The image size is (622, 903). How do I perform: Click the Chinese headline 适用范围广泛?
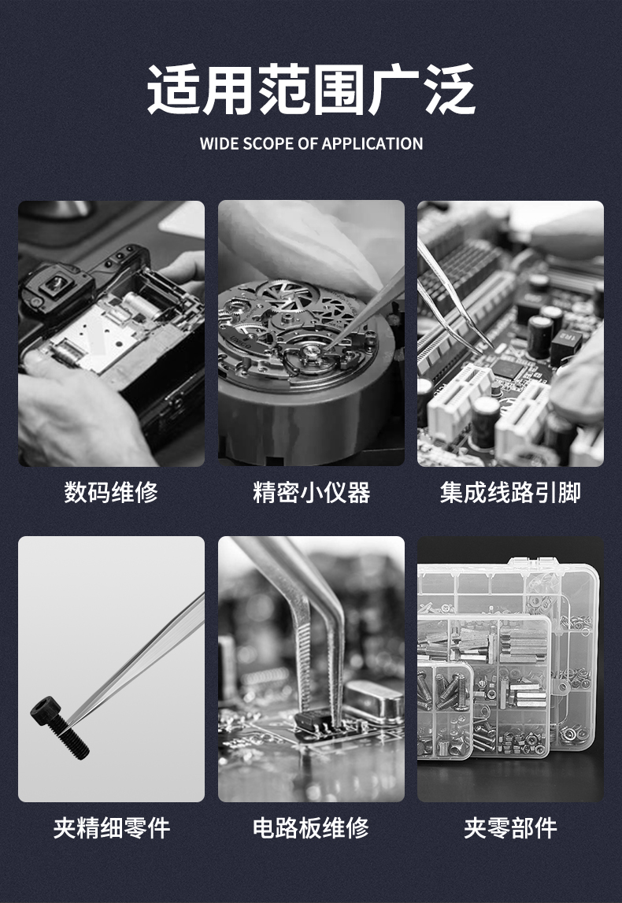click(x=311, y=89)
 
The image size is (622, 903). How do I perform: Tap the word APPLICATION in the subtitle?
click(x=372, y=143)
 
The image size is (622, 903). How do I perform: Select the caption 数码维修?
click(x=111, y=492)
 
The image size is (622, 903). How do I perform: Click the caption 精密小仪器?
click(x=311, y=492)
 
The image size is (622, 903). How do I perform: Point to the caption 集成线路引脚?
click(x=510, y=492)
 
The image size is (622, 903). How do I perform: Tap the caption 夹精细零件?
click(x=111, y=828)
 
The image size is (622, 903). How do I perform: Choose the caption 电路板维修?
click(x=311, y=828)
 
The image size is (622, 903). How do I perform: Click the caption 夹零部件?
click(x=510, y=828)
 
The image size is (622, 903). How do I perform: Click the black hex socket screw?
click(x=59, y=727)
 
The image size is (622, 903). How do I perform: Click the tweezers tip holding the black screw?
click(x=72, y=718)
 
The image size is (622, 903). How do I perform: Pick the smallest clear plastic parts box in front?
click(x=445, y=709)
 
